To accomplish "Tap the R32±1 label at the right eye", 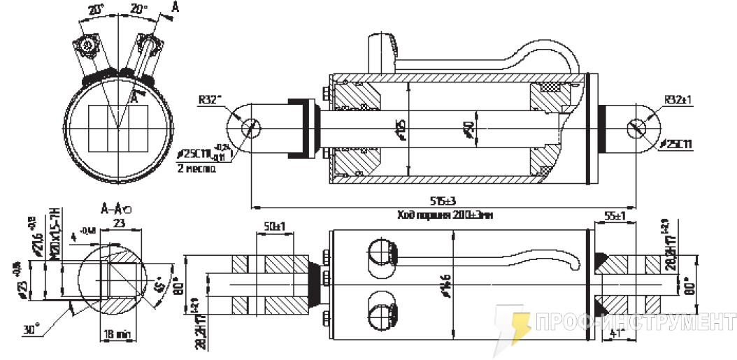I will point(677,100).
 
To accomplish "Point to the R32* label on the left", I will point(209,100).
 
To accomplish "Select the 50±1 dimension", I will point(273,227).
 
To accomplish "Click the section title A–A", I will point(113,208).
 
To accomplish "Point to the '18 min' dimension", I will point(117,335).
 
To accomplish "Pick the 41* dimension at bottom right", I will point(616,334).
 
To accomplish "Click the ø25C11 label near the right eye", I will point(675,144).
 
